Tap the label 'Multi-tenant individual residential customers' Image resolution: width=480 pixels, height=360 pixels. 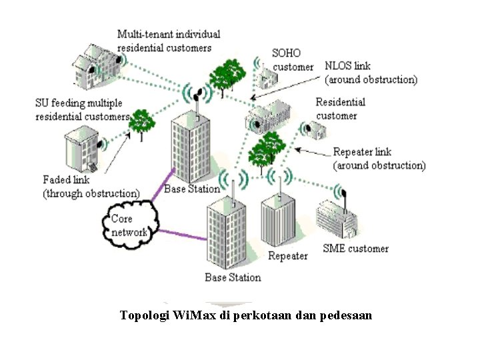[169, 41]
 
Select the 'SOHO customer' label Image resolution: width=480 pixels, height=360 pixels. [292, 59]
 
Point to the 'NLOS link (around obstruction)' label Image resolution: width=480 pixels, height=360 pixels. [371, 73]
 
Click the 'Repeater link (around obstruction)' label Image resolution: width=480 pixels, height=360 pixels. [379, 159]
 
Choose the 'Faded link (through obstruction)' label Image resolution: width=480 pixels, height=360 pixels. [91, 187]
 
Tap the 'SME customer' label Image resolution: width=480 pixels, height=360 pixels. [355, 249]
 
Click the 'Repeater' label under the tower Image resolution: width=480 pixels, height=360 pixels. [287, 256]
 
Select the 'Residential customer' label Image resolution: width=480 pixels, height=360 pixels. [340, 109]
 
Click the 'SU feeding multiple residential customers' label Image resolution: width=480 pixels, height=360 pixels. [81, 109]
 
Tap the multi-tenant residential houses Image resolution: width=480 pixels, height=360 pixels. [97, 67]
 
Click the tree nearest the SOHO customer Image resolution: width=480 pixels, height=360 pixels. [227, 75]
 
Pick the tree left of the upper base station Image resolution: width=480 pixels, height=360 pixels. [141, 123]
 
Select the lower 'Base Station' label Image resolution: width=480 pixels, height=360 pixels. [233, 277]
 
